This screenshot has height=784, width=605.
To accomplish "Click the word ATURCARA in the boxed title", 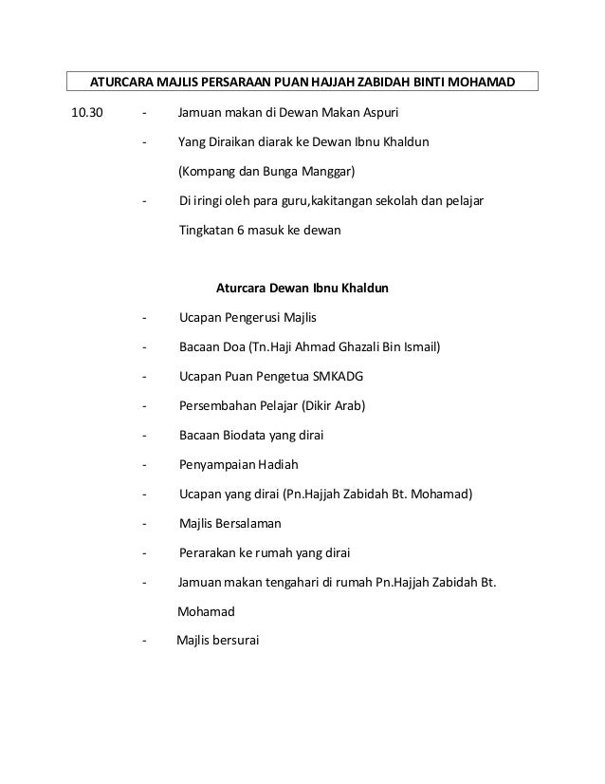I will tap(121, 82).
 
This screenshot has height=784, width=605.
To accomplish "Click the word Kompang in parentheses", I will tap(210, 172).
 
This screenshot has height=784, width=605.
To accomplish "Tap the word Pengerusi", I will tap(261, 318).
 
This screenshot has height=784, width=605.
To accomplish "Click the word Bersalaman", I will tap(249, 523).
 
